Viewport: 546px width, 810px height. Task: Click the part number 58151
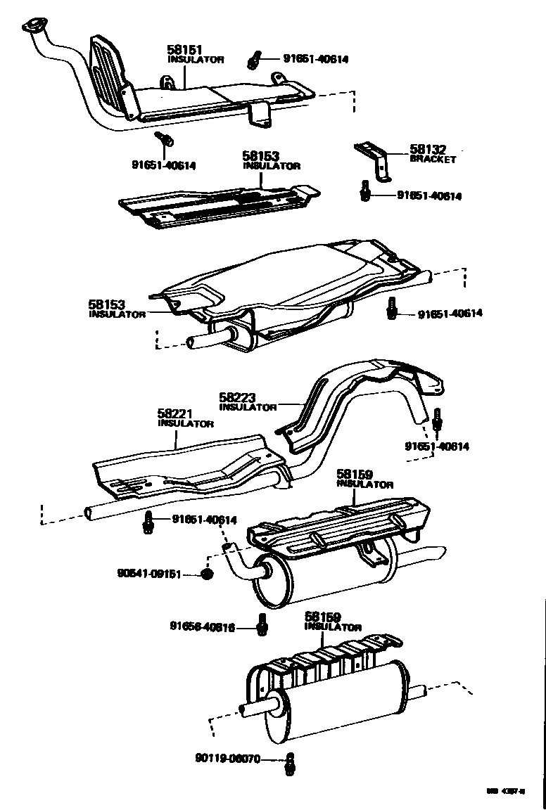(184, 50)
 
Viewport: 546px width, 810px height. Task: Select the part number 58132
(428, 150)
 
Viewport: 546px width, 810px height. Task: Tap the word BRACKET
(433, 160)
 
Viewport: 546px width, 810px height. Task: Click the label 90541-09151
(149, 574)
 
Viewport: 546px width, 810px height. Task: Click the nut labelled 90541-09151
(207, 574)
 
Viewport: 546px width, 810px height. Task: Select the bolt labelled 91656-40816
(262, 624)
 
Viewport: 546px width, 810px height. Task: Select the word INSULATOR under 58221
(185, 424)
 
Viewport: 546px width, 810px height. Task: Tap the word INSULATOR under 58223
(248, 407)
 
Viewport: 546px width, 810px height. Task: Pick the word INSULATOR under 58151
(196, 60)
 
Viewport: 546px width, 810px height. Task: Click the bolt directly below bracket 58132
(365, 191)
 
